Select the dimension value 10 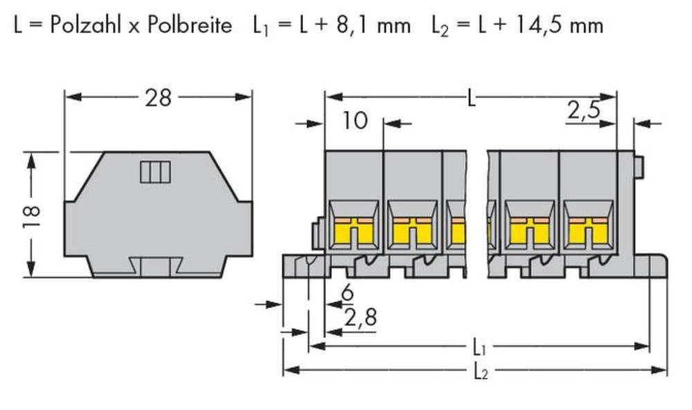[x=354, y=121]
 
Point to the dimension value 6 [x=347, y=294]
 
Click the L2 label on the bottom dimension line [x=480, y=371]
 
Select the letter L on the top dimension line [x=471, y=98]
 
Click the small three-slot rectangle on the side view [x=155, y=172]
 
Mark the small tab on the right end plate [x=639, y=167]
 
